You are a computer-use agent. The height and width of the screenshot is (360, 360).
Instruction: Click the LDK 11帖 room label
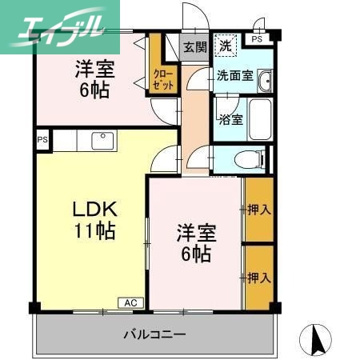pyautogui.click(x=95, y=221)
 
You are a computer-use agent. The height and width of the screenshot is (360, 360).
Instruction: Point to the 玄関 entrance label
pyautogui.click(x=194, y=46)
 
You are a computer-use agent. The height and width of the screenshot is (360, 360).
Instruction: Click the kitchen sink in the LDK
pyautogui.click(x=102, y=141)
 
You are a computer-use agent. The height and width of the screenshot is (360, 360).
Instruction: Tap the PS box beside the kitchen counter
pyautogui.click(x=42, y=140)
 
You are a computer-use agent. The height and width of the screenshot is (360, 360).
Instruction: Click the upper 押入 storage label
pyautogui.click(x=258, y=210)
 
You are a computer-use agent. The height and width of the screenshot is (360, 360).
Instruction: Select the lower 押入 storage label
pyautogui.click(x=258, y=278)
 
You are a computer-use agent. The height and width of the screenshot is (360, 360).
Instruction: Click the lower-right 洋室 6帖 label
pyautogui.click(x=195, y=244)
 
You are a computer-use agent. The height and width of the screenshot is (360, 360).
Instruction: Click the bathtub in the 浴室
pyautogui.click(x=258, y=120)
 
